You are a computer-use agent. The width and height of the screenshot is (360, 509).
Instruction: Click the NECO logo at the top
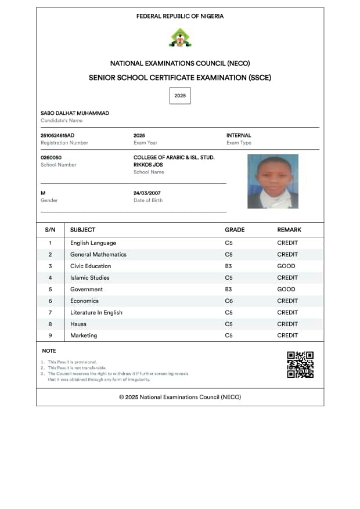tap(180, 38)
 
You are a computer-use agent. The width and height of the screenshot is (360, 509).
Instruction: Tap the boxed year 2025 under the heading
tap(180, 95)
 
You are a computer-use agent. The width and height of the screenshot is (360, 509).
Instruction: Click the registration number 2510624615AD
tap(57, 135)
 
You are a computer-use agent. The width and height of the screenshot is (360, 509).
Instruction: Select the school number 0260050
tap(51, 157)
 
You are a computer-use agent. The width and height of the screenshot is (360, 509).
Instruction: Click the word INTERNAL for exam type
tap(239, 135)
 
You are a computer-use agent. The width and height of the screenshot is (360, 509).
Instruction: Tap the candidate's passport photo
tap(273, 181)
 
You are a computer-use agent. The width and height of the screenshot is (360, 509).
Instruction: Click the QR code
tap(300, 364)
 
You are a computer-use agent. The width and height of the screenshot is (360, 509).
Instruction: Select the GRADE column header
tap(235, 230)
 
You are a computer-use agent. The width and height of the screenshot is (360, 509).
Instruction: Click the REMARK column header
tap(289, 230)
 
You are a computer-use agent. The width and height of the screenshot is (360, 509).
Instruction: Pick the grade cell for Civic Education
tap(229, 266)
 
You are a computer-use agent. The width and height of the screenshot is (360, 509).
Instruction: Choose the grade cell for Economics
tap(229, 301)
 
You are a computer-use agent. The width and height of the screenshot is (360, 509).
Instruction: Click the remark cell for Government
tap(286, 289)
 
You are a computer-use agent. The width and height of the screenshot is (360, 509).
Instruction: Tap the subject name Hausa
tap(78, 324)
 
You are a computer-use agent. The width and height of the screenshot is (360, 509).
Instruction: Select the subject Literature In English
tap(96, 312)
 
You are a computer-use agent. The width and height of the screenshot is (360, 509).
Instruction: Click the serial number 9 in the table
tap(50, 335)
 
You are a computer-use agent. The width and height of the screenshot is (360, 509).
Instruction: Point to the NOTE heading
tap(49, 351)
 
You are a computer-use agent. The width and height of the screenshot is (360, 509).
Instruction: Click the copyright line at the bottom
tap(180, 397)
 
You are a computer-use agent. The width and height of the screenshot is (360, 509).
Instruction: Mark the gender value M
tap(43, 193)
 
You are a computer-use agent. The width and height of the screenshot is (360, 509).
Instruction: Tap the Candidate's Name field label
tap(62, 121)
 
